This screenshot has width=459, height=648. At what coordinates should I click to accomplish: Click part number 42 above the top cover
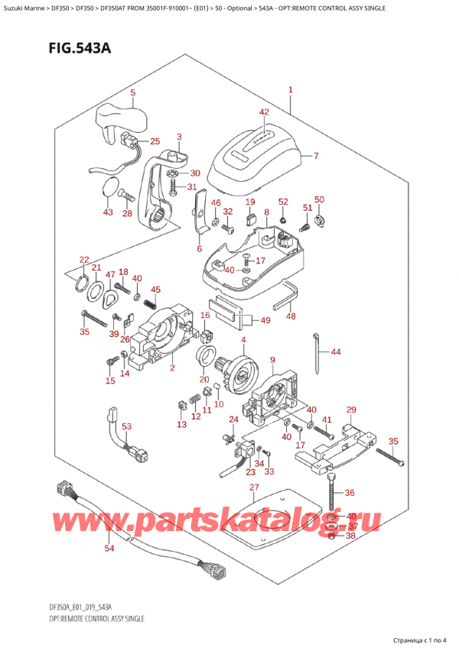click(263, 112)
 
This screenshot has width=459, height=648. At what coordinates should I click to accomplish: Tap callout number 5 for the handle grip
click(132, 94)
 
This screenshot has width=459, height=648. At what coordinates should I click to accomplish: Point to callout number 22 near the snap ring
click(83, 260)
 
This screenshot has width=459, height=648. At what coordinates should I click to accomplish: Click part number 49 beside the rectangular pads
click(265, 320)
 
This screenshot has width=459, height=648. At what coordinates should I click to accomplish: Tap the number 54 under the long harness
click(109, 549)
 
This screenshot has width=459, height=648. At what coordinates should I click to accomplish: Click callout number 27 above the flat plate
click(254, 488)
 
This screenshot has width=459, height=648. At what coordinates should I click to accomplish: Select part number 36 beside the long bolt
click(350, 492)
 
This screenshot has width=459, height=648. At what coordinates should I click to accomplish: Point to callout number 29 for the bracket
click(351, 410)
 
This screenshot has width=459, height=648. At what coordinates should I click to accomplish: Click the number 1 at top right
click(291, 90)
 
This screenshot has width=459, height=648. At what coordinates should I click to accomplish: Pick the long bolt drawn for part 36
click(331, 495)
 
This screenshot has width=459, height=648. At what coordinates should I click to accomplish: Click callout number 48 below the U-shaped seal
click(291, 316)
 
